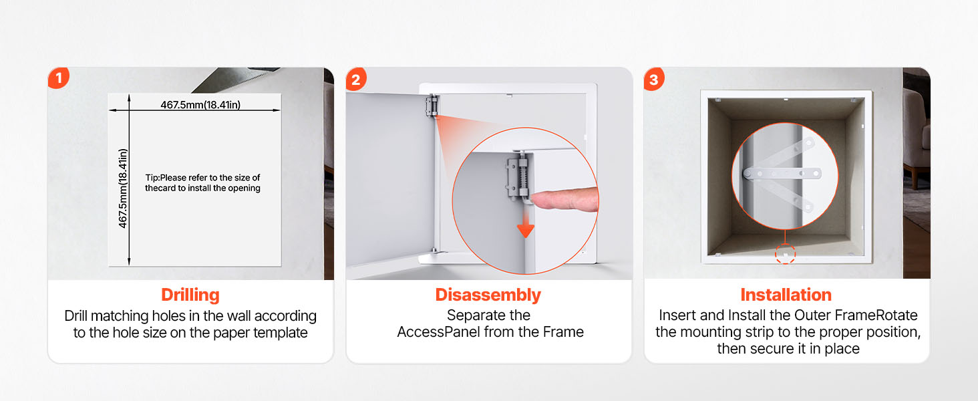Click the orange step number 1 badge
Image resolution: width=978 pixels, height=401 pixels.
(x=59, y=78)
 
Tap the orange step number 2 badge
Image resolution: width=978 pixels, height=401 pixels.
(x=356, y=79)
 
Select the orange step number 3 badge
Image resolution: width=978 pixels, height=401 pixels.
(x=653, y=79)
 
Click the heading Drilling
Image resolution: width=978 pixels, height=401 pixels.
(x=190, y=295)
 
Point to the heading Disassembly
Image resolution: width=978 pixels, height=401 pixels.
(x=488, y=295)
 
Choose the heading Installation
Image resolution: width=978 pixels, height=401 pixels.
(x=786, y=295)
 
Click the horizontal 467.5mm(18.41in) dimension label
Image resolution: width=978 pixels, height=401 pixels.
(x=200, y=104)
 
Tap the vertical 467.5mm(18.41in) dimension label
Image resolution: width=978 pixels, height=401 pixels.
(x=123, y=188)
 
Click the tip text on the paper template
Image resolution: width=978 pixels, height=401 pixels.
(x=202, y=182)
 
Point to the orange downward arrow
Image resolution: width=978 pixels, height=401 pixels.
(x=526, y=222)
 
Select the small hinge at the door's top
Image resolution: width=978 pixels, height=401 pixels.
(x=432, y=106)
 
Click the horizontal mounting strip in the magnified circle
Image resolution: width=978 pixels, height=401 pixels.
(x=782, y=173)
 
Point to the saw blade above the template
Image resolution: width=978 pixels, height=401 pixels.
(x=235, y=80)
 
